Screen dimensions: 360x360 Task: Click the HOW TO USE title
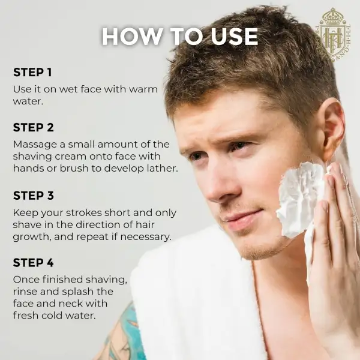180,37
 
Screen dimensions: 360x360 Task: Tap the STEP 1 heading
32,73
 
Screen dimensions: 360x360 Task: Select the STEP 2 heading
33,127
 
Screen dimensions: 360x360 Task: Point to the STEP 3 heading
33,196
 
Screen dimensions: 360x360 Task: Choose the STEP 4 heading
33,263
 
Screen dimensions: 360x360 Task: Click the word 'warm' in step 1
143,89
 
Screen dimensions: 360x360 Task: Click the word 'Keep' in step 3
25,213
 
